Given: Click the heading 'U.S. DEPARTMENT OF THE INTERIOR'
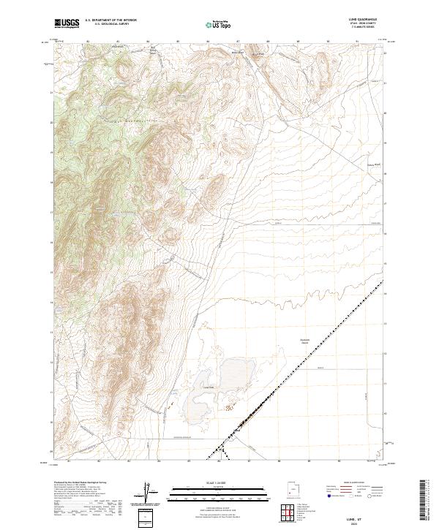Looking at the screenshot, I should tap(111, 21).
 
